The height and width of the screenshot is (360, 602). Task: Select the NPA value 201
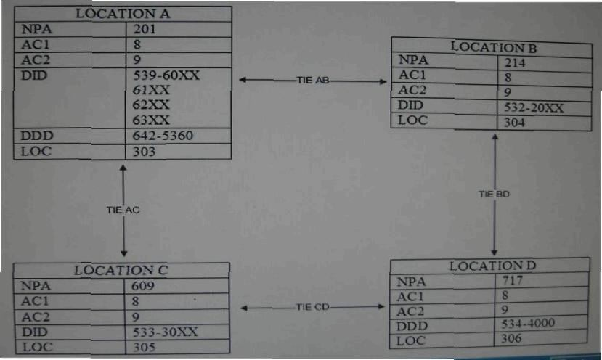pyautogui.click(x=145, y=29)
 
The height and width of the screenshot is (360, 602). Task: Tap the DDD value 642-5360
pyautogui.click(x=163, y=136)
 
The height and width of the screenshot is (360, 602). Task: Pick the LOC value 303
pyautogui.click(x=145, y=152)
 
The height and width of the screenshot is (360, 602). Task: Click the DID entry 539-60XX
pyautogui.click(x=166, y=75)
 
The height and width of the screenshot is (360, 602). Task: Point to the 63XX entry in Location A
pyautogui.click(x=151, y=120)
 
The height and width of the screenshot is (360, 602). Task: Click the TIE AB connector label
pyautogui.click(x=313, y=81)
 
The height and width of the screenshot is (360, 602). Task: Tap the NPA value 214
pyautogui.click(x=515, y=63)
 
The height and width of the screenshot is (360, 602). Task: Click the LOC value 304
pyautogui.click(x=515, y=123)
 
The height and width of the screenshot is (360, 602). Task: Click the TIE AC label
pyautogui.click(x=123, y=210)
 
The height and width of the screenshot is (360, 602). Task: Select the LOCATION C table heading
pyautogui.click(x=122, y=271)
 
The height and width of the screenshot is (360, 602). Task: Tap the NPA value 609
pyautogui.click(x=145, y=286)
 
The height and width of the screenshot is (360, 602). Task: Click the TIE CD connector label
pyautogui.click(x=313, y=307)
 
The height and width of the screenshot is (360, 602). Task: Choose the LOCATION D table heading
pyautogui.click(x=492, y=266)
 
